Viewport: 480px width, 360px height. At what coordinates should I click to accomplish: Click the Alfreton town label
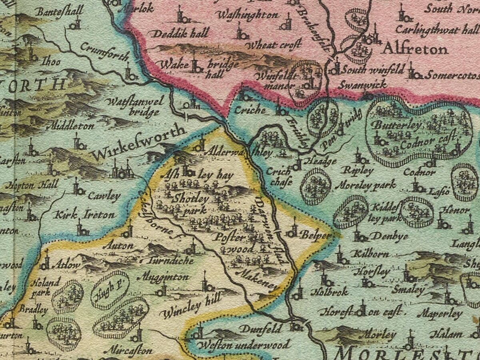(415, 50)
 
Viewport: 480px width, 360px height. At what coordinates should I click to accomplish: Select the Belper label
(316, 235)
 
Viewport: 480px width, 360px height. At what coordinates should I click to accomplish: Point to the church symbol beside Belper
(293, 231)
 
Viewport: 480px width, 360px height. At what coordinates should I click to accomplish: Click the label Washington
(247, 15)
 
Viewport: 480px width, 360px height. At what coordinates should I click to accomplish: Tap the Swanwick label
(362, 85)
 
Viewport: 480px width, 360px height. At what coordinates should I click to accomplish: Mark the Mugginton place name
(163, 277)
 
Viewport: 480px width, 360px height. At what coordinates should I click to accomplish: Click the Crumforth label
(104, 52)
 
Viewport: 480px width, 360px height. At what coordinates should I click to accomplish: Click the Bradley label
(34, 310)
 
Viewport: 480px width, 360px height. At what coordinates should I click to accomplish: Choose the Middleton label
(70, 126)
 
